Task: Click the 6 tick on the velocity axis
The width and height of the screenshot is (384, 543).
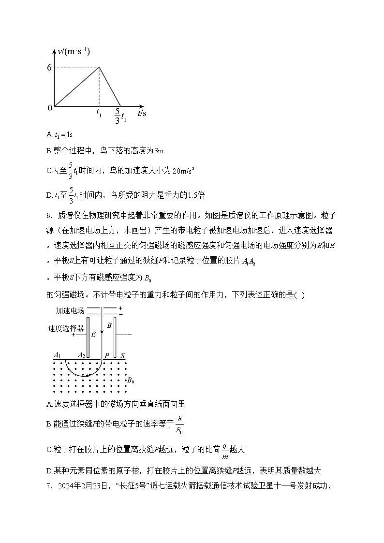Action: pos(49,68)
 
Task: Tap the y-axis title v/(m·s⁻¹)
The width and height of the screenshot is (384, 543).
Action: pos(74,51)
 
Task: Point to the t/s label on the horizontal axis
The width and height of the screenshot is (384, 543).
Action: pos(142,114)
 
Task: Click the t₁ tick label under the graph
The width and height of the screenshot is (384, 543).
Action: pos(99,114)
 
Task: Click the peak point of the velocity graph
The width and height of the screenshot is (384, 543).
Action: pos(100,67)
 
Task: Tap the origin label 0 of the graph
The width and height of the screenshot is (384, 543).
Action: pos(50,108)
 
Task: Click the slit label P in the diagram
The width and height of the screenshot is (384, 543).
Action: pos(106,356)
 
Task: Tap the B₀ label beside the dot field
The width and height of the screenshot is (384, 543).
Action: pos(130,381)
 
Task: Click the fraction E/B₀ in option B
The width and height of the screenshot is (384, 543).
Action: pos(179,424)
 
